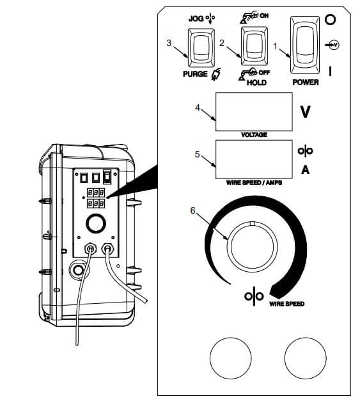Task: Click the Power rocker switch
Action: (x=304, y=42)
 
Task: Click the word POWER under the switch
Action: (x=305, y=83)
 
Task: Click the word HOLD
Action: (x=256, y=83)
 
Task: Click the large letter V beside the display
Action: (x=306, y=113)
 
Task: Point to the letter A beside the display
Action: (x=306, y=169)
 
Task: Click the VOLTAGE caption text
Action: (x=254, y=135)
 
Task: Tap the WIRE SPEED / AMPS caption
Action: (x=253, y=183)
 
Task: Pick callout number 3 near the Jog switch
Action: (x=168, y=43)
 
